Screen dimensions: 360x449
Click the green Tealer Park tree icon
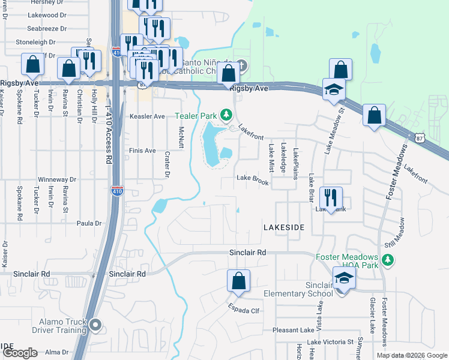coord(226,114)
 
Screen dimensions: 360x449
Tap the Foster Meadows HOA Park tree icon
coord(388,259)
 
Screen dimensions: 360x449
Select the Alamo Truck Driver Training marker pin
coord(96,325)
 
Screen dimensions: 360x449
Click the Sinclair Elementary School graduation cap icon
coord(343,278)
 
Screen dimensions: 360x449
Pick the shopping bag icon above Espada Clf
coord(238,281)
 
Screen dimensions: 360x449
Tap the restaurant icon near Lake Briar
coord(331,197)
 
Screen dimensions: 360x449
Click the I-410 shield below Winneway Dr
coord(118,191)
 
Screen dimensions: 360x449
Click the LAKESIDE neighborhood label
coord(285,227)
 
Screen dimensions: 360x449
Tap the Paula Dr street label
coord(89,223)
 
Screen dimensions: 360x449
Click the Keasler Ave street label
coord(147,116)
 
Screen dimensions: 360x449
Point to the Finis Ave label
coord(142,151)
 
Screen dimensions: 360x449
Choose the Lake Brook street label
coord(252,178)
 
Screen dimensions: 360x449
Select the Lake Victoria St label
coord(330,342)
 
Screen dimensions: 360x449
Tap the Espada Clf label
coord(243,311)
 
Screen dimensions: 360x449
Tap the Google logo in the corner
coord(20,353)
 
